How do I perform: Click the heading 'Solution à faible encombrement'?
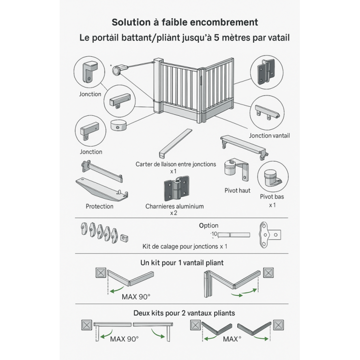pyautogui.click(x=184, y=22)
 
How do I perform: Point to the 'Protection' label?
pyautogui.click(x=99, y=206)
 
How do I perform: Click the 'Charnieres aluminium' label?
pyautogui.click(x=174, y=206)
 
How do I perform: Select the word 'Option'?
pyautogui.click(x=208, y=225)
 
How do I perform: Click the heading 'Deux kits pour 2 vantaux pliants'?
pyautogui.click(x=184, y=313)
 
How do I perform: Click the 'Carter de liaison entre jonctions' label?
pyautogui.click(x=176, y=164)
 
